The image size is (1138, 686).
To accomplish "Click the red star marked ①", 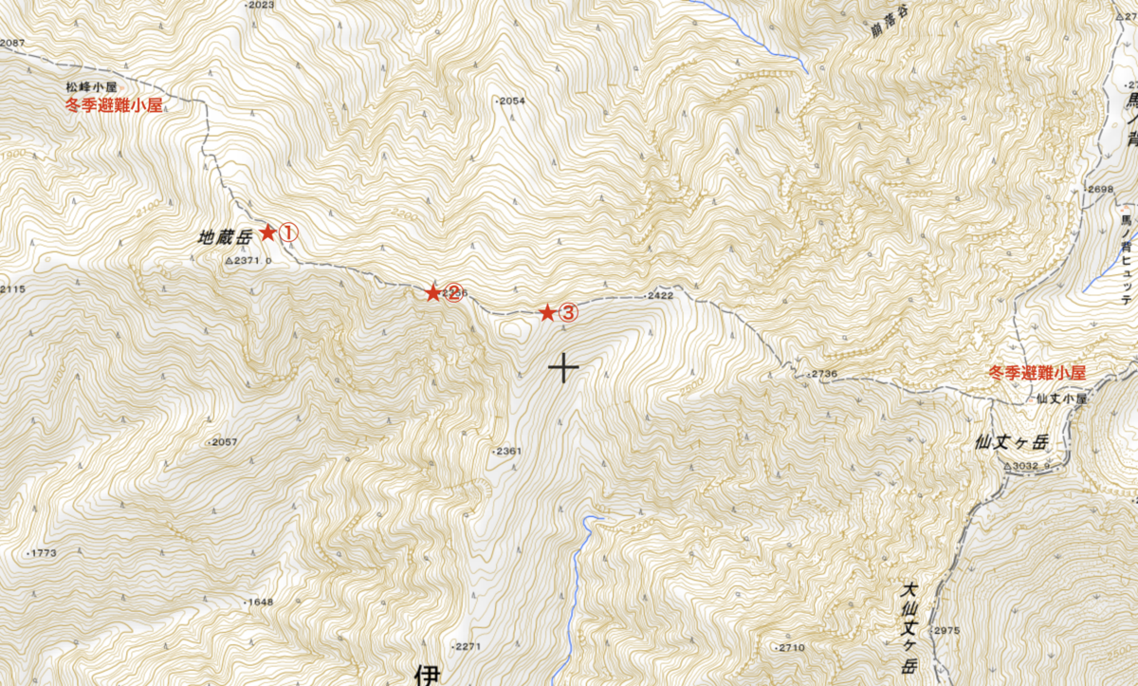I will tap(267, 232).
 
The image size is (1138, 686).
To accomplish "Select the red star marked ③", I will tap(547, 312).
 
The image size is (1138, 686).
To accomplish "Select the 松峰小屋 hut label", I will tap(90, 86).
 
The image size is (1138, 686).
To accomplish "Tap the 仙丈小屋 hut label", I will tap(1060, 399).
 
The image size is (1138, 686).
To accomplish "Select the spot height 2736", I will tap(824, 375).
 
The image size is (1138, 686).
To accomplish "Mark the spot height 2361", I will tap(507, 451).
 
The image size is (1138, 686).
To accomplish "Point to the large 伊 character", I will tap(429, 675).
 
